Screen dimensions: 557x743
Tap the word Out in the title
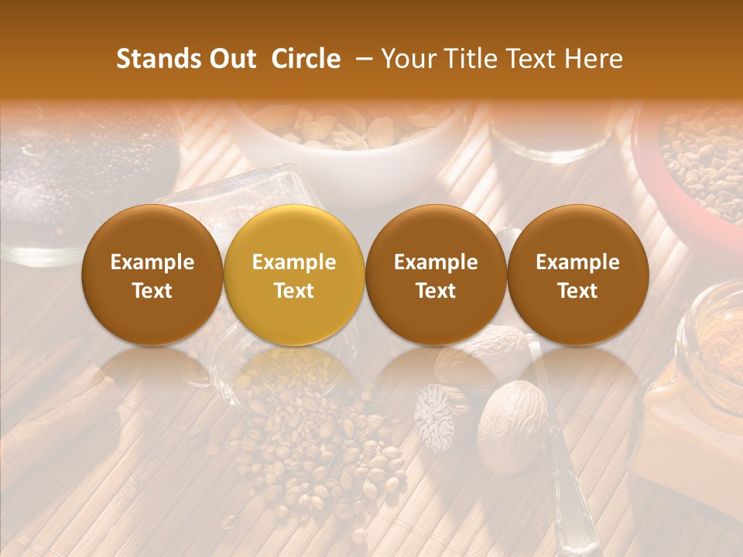click(231, 59)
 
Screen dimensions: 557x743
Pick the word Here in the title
click(594, 59)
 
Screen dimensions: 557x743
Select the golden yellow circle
click(294, 275)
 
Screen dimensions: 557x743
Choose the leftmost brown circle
click(152, 275)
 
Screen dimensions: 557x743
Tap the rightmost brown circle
click(578, 275)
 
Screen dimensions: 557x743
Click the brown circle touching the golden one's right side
click(436, 275)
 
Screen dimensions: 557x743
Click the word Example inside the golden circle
click(294, 262)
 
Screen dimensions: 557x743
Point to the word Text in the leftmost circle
click(152, 290)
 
